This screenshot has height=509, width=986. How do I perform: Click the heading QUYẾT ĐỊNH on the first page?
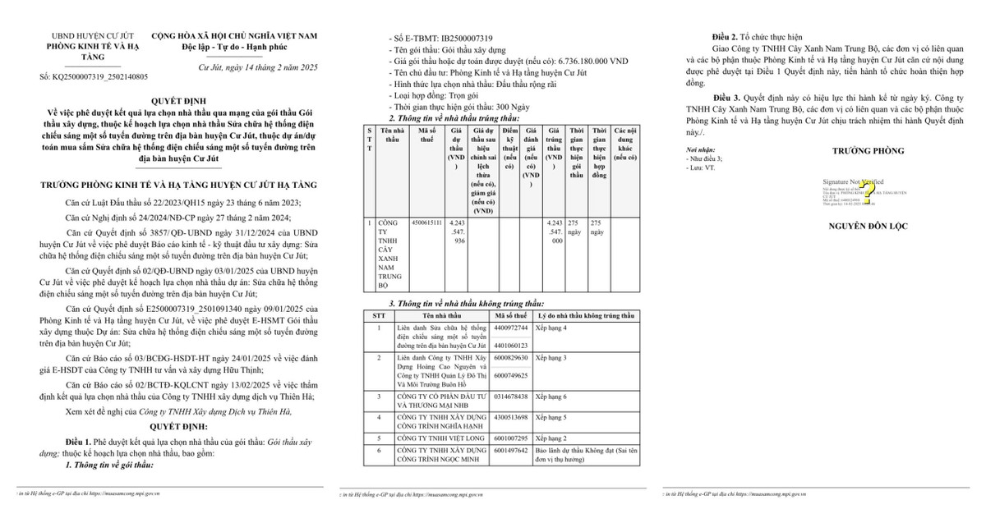pyautogui.click(x=172, y=94)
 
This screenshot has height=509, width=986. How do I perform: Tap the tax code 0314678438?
pyautogui.click(x=511, y=396)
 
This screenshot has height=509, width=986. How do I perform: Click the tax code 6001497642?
pyautogui.click(x=511, y=450)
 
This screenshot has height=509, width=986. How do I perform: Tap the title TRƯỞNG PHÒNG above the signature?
pyautogui.click(x=869, y=151)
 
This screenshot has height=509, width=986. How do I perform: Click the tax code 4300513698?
pyautogui.click(x=511, y=417)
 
